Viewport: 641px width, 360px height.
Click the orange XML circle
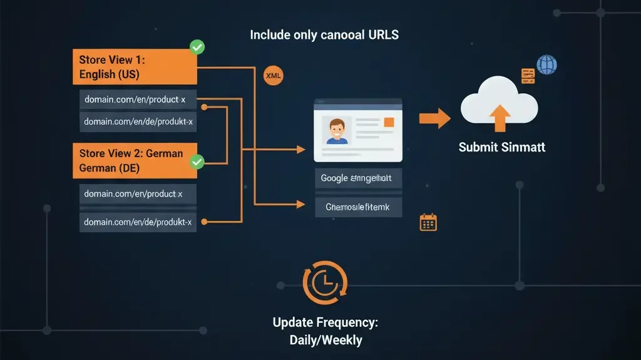pyautogui.click(x=273, y=76)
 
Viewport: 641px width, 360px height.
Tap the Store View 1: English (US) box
pyautogui.click(x=135, y=67)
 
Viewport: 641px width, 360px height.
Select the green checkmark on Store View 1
pyautogui.click(x=197, y=47)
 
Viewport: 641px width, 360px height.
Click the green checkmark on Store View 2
pyautogui.click(x=197, y=162)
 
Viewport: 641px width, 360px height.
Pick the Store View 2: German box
pyautogui.click(x=135, y=161)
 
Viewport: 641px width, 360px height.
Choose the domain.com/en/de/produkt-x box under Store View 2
pyautogui.click(x=138, y=221)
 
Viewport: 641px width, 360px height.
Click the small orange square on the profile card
pyautogui.click(x=389, y=121)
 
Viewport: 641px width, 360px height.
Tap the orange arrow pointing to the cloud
pyautogui.click(x=434, y=118)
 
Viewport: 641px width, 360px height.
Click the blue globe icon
pyautogui.click(x=546, y=64)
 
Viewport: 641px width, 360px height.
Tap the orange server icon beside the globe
pyautogui.click(x=528, y=76)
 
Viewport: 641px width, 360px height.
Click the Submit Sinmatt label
pyautogui.click(x=501, y=147)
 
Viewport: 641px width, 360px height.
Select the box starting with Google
pyautogui.click(x=358, y=178)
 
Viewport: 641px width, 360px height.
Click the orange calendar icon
pyautogui.click(x=428, y=222)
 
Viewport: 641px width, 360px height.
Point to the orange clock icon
pyautogui.click(x=324, y=282)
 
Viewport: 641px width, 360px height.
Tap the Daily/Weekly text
pyautogui.click(x=326, y=340)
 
